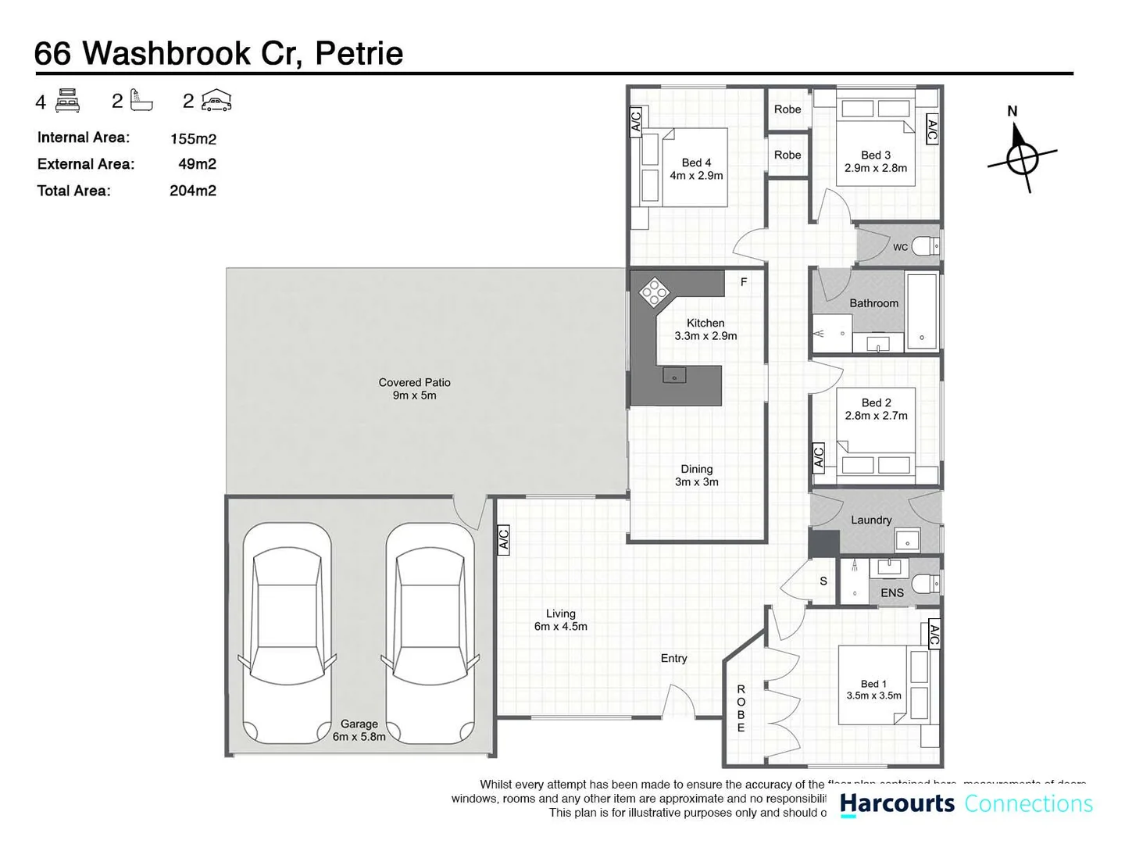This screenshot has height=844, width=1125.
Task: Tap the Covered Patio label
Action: coord(414,388)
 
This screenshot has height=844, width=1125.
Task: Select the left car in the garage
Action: coord(287,633)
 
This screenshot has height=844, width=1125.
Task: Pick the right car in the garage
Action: coord(430,633)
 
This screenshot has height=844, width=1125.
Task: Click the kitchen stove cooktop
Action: coord(654,292)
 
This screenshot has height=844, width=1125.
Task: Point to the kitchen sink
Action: coord(674,376)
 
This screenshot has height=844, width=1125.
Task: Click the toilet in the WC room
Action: coord(926,247)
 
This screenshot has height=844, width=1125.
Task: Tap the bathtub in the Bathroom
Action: coord(922,310)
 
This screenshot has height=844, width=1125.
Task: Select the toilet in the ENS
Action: coord(927,583)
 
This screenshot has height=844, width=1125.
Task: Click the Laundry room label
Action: coord(871,520)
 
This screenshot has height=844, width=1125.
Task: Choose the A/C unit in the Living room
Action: coord(504,540)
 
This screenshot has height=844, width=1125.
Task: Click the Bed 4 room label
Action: coord(696,169)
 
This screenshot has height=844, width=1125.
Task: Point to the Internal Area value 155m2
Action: coord(193,139)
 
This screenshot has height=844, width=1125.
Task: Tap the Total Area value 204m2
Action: coord(193,191)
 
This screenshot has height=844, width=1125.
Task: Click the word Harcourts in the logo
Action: coord(897,803)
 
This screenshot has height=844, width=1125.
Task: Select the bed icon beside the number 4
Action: coord(68,101)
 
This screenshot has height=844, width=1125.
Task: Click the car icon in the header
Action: coord(216,101)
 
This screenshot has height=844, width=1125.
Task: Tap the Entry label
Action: coord(673,658)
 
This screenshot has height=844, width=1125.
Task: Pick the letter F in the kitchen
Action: coord(744,282)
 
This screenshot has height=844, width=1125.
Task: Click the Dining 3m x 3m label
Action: coord(696,475)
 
